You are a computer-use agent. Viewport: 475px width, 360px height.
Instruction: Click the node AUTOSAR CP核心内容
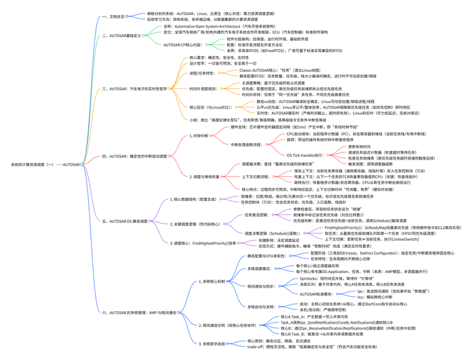click(183, 45)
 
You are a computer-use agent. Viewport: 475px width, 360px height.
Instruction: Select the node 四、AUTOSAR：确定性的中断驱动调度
click(135, 156)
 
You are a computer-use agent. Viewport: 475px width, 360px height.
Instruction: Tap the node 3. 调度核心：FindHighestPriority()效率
click(205, 243)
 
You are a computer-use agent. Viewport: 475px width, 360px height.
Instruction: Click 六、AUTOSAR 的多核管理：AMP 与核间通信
click(139, 312)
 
